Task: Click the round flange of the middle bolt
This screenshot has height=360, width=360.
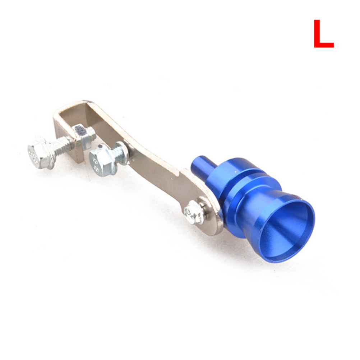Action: (x=120, y=153)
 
